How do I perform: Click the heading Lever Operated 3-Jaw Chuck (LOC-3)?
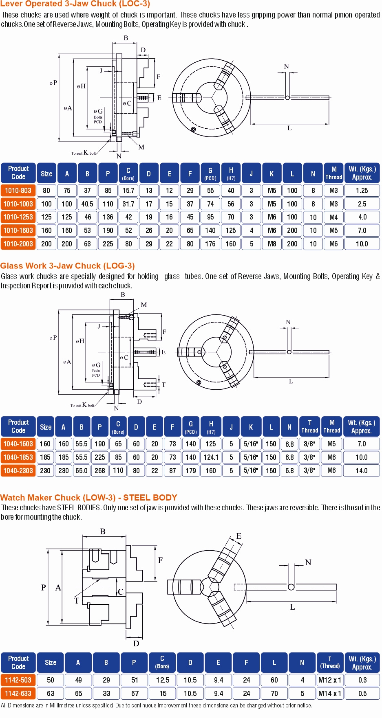pyautogui.click(x=75, y=4)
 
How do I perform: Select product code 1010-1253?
pyautogui.click(x=18, y=217)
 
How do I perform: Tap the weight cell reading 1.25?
pyautogui.click(x=362, y=191)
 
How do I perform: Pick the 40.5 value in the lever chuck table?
pyautogui.click(x=87, y=204)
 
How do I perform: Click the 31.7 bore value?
pyautogui.click(x=128, y=204)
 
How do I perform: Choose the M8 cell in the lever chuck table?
pyautogui.click(x=272, y=244)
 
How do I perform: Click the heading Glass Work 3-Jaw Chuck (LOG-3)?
pyautogui.click(x=68, y=266)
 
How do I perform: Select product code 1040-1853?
pyautogui.click(x=18, y=457)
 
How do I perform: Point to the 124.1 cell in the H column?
pyautogui.click(x=211, y=457)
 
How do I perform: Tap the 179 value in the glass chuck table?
pyautogui.click(x=191, y=471)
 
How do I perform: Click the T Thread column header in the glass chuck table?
pyautogui.click(x=310, y=426)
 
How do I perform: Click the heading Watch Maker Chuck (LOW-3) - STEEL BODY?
pyautogui.click(x=89, y=498)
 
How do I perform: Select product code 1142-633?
pyautogui.click(x=18, y=694)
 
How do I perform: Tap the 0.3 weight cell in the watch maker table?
pyautogui.click(x=362, y=680)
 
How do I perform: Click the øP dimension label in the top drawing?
pyautogui.click(x=53, y=83)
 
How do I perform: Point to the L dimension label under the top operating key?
pyautogui.click(x=289, y=128)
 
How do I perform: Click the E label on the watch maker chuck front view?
pyautogui.click(x=239, y=536)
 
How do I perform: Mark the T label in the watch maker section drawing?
pyautogui.click(x=77, y=601)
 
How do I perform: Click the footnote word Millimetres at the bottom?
pyautogui.click(x=65, y=705)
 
